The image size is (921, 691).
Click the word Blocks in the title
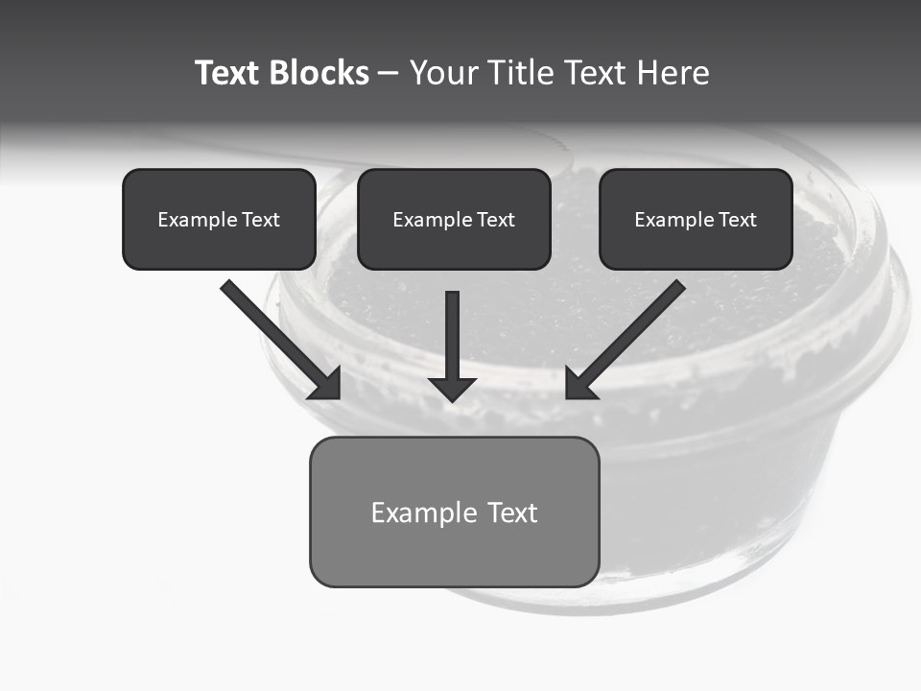pos(319,73)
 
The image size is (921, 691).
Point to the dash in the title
pos(389,74)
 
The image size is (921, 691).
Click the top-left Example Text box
pos(219,219)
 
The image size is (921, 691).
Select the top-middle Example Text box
pos(454,219)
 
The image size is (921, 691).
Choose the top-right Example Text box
pos(696,219)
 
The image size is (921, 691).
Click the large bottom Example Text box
pos(454,512)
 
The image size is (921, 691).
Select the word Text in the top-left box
pos(260,220)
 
